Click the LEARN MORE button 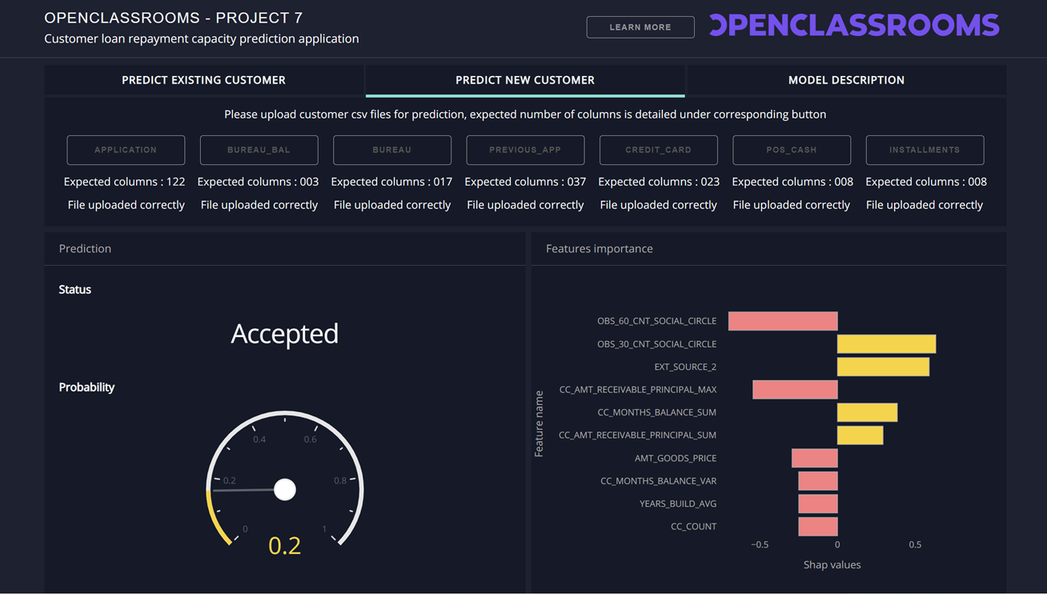click(640, 27)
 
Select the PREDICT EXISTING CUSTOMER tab click(203, 80)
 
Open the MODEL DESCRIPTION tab click(846, 80)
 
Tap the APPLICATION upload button click(126, 150)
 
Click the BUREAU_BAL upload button click(259, 150)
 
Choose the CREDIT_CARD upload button click(658, 150)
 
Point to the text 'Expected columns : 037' click(525, 182)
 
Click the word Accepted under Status click(284, 334)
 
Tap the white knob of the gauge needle click(285, 489)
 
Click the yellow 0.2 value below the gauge click(284, 545)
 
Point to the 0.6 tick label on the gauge click(310, 439)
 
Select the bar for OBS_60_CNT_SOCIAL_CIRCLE click(783, 321)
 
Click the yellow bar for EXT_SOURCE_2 click(883, 367)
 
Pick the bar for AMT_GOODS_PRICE click(814, 458)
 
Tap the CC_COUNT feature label click(693, 527)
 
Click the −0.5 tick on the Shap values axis click(760, 544)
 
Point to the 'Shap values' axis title click(832, 565)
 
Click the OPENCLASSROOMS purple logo click(854, 26)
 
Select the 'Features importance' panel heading click(599, 249)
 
